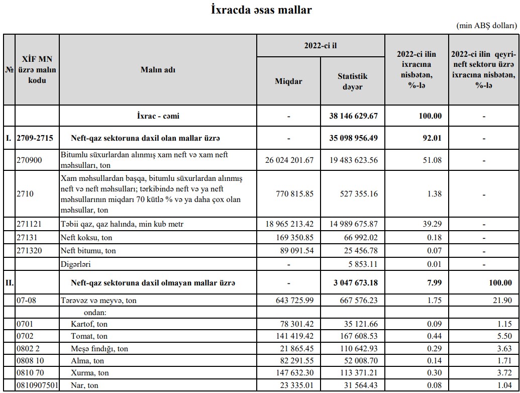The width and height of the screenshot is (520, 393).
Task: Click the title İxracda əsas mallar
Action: [x=261, y=10]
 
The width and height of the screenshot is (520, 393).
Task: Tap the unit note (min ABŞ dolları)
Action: [x=486, y=26]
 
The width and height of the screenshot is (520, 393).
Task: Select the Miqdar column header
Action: [x=289, y=81]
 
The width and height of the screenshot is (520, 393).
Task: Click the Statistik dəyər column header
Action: [x=352, y=81]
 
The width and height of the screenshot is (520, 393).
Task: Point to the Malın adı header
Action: [x=158, y=69]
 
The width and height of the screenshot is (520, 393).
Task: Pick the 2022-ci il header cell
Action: [x=320, y=45]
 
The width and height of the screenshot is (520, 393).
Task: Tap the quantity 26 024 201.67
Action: [x=289, y=160]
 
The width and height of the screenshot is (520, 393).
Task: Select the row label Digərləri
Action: [x=76, y=263]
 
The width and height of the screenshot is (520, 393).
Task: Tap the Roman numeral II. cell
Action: [x=9, y=283]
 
